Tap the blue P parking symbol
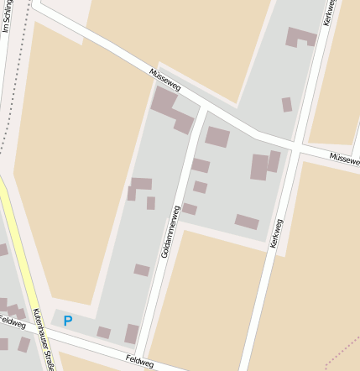(x=68, y=321)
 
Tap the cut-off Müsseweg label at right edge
(x=344, y=158)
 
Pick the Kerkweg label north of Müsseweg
(x=328, y=12)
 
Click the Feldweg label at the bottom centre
(x=141, y=360)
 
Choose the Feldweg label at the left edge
(x=12, y=322)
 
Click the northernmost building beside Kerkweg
(x=300, y=37)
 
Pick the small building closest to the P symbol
(x=103, y=332)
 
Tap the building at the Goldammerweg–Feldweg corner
(x=132, y=333)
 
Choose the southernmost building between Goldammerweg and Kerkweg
(x=247, y=222)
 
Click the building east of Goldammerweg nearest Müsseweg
(x=217, y=137)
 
